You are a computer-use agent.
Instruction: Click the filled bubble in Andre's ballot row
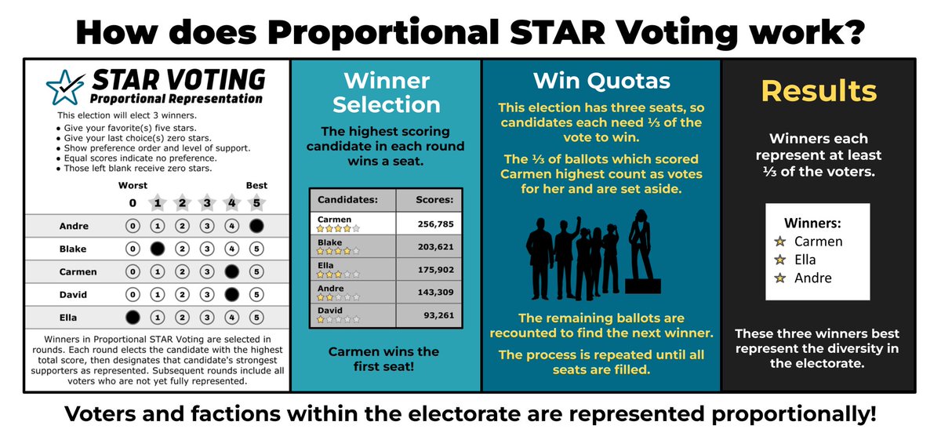(256, 227)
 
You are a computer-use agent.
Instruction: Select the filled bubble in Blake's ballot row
(157, 249)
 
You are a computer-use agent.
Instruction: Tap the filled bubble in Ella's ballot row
(133, 318)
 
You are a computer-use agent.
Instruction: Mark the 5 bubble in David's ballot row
(256, 295)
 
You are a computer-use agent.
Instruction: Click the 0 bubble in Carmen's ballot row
(133, 272)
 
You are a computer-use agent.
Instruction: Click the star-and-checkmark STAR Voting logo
(64, 88)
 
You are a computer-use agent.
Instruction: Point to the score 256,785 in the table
(431, 224)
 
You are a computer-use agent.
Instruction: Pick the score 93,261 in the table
(434, 316)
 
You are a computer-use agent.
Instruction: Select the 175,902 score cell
(431, 270)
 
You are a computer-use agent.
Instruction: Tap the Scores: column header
(430, 200)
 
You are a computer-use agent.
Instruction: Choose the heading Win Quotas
(601, 80)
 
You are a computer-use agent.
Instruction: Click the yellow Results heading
(819, 91)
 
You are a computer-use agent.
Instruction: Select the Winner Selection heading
(387, 92)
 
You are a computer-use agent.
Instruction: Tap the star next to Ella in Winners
(779, 260)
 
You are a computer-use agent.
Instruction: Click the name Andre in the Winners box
(813, 278)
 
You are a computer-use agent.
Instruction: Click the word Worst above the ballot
(133, 186)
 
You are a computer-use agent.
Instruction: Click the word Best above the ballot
(256, 186)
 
